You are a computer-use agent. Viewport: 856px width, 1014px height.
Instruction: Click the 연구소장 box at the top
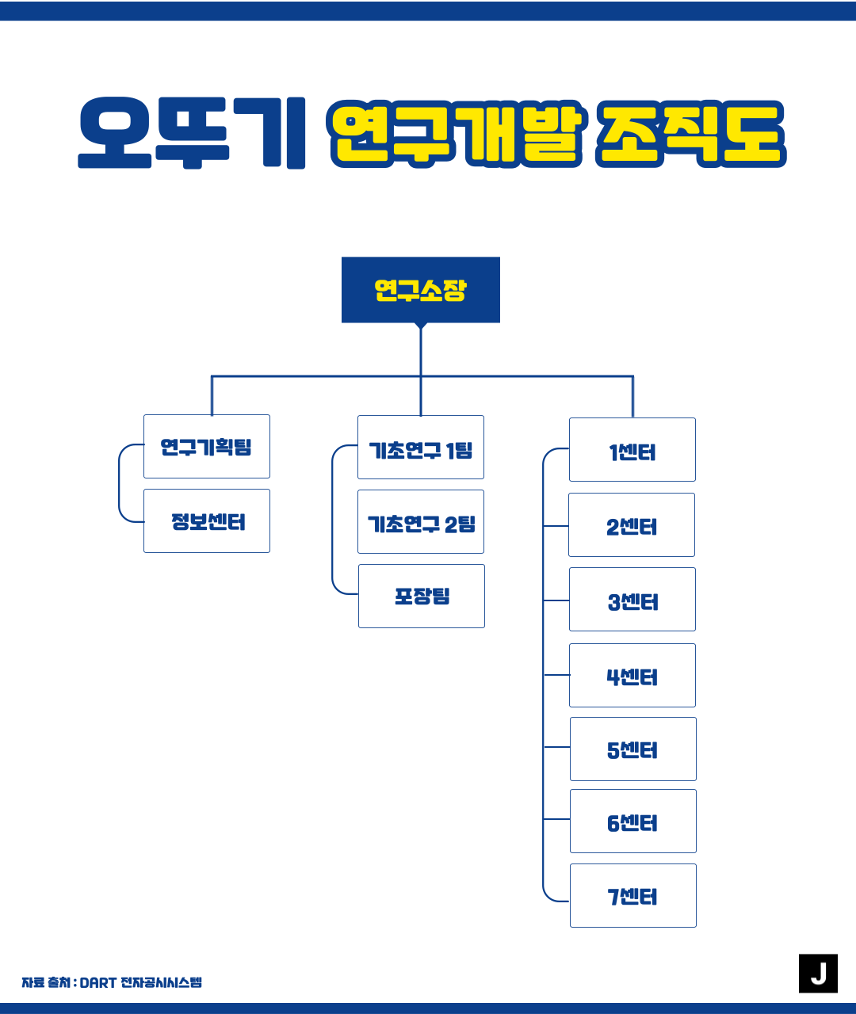click(420, 290)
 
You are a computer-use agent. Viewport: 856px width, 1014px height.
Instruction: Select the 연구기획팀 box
click(206, 447)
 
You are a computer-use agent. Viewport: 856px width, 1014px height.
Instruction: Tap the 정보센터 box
click(206, 521)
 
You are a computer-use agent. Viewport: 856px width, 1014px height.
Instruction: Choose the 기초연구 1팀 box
click(420, 448)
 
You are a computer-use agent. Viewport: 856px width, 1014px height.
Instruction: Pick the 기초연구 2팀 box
click(420, 522)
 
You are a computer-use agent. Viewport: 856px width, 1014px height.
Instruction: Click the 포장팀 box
click(421, 597)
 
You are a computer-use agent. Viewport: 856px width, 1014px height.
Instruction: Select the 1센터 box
click(632, 450)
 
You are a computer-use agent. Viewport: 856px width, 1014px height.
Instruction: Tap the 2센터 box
click(631, 525)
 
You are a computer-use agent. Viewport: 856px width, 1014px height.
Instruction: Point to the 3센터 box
click(632, 600)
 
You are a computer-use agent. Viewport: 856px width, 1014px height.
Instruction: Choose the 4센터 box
click(632, 676)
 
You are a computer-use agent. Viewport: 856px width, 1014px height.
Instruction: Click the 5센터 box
click(632, 749)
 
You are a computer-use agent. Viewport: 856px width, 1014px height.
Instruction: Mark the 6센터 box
click(632, 821)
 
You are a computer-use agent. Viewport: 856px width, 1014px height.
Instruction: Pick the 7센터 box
click(632, 896)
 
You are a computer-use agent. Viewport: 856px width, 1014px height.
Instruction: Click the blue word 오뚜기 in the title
click(192, 133)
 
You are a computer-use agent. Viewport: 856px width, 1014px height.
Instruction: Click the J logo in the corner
click(818, 974)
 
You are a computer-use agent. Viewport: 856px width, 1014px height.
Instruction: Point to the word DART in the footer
click(97, 983)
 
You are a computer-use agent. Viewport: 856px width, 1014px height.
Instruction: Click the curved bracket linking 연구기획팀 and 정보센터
click(120, 483)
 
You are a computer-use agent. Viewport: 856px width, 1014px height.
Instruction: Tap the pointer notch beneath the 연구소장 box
click(421, 325)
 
